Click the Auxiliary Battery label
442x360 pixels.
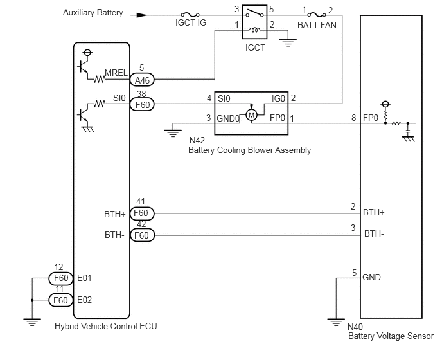tap(93, 13)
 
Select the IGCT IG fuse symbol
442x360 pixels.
tap(190, 14)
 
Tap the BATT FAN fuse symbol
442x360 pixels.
tap(316, 14)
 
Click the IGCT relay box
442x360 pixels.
tap(254, 22)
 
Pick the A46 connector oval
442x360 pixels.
tap(142, 80)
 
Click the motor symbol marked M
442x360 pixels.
tap(251, 115)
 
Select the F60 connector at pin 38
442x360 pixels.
tap(142, 105)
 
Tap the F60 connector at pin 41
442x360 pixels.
tap(142, 213)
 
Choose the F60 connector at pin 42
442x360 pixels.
tap(142, 235)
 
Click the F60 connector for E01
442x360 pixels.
tap(61, 278)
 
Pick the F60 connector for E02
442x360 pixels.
tap(61, 300)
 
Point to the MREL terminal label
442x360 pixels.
tap(116, 73)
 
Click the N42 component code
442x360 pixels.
tap(197, 140)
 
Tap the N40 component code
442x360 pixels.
tap(355, 327)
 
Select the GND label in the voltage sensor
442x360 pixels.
tap(371, 277)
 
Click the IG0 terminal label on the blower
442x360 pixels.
tap(279, 98)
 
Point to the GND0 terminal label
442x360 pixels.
tap(228, 118)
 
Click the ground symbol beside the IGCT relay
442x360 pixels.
tap(288, 42)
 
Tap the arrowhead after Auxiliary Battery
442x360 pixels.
tap(142, 15)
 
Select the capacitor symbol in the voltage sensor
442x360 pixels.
tap(408, 131)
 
